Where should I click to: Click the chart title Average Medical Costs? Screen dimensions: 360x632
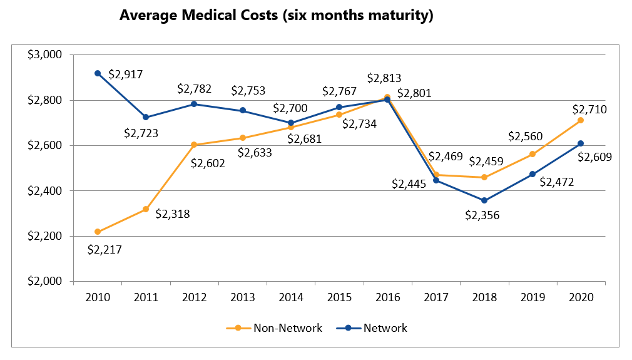[276, 16]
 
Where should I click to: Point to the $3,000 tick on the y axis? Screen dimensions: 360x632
[44, 54]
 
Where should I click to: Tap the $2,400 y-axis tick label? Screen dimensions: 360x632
[44, 190]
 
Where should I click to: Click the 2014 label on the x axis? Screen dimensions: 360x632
[290, 297]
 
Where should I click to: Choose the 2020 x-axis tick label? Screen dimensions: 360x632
[581, 297]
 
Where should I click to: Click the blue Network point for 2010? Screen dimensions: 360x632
[98, 73]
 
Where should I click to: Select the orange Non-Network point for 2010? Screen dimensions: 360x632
[98, 232]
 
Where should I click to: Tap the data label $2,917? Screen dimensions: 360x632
[126, 74]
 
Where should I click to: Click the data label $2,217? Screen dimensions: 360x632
[104, 249]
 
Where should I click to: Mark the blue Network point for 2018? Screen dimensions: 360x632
[484, 200]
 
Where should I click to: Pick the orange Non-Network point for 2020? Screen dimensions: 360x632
[581, 120]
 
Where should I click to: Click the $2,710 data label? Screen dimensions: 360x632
[590, 110]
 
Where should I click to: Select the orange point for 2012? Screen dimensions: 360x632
[194, 145]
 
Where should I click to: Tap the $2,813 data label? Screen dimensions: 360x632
[384, 78]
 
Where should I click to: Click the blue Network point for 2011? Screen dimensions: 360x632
[146, 117]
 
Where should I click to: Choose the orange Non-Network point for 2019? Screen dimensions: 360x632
[533, 154]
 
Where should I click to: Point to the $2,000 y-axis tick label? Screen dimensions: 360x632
[44, 281]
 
